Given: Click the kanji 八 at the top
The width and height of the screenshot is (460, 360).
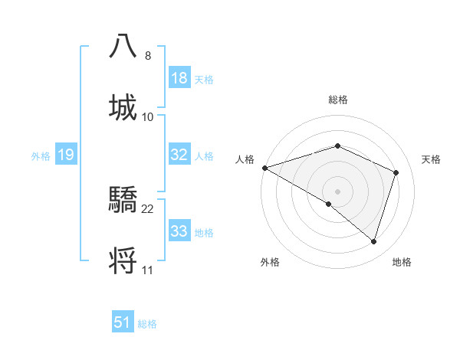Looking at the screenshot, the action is click(123, 46).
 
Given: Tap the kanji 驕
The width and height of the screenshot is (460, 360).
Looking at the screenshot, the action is click(123, 201).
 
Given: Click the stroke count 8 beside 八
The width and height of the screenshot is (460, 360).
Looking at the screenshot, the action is click(148, 56).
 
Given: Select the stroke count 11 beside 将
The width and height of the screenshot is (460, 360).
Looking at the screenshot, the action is click(148, 270).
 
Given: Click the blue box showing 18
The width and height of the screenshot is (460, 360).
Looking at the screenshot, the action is click(179, 78).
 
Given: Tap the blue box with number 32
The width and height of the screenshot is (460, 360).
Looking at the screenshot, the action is click(179, 155).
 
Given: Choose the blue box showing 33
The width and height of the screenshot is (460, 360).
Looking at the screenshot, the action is click(179, 231).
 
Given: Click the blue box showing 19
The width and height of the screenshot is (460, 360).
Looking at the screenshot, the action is click(66, 155).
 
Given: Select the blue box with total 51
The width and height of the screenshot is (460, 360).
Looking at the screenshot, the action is click(123, 322).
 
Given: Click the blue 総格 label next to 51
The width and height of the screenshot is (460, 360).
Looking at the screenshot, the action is click(147, 324).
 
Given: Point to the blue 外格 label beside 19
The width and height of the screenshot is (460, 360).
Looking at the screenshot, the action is click(41, 155).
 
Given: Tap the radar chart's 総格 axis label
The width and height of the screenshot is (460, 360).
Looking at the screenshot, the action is click(338, 100).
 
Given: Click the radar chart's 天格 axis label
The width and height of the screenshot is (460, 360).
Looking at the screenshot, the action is click(432, 159).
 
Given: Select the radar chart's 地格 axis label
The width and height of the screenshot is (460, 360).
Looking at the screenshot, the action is click(402, 262).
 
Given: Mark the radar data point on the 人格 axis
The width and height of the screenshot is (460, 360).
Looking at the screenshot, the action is click(264, 167).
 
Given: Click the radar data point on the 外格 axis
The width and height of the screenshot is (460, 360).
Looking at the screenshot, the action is click(329, 204).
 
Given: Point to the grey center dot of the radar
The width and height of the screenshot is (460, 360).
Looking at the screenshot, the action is click(338, 191).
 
